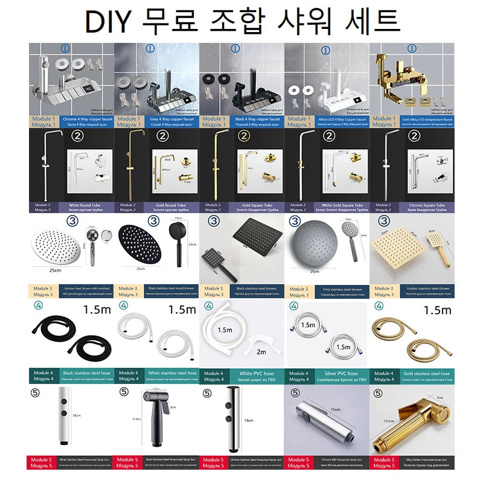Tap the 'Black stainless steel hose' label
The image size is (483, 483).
coord(79,374)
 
